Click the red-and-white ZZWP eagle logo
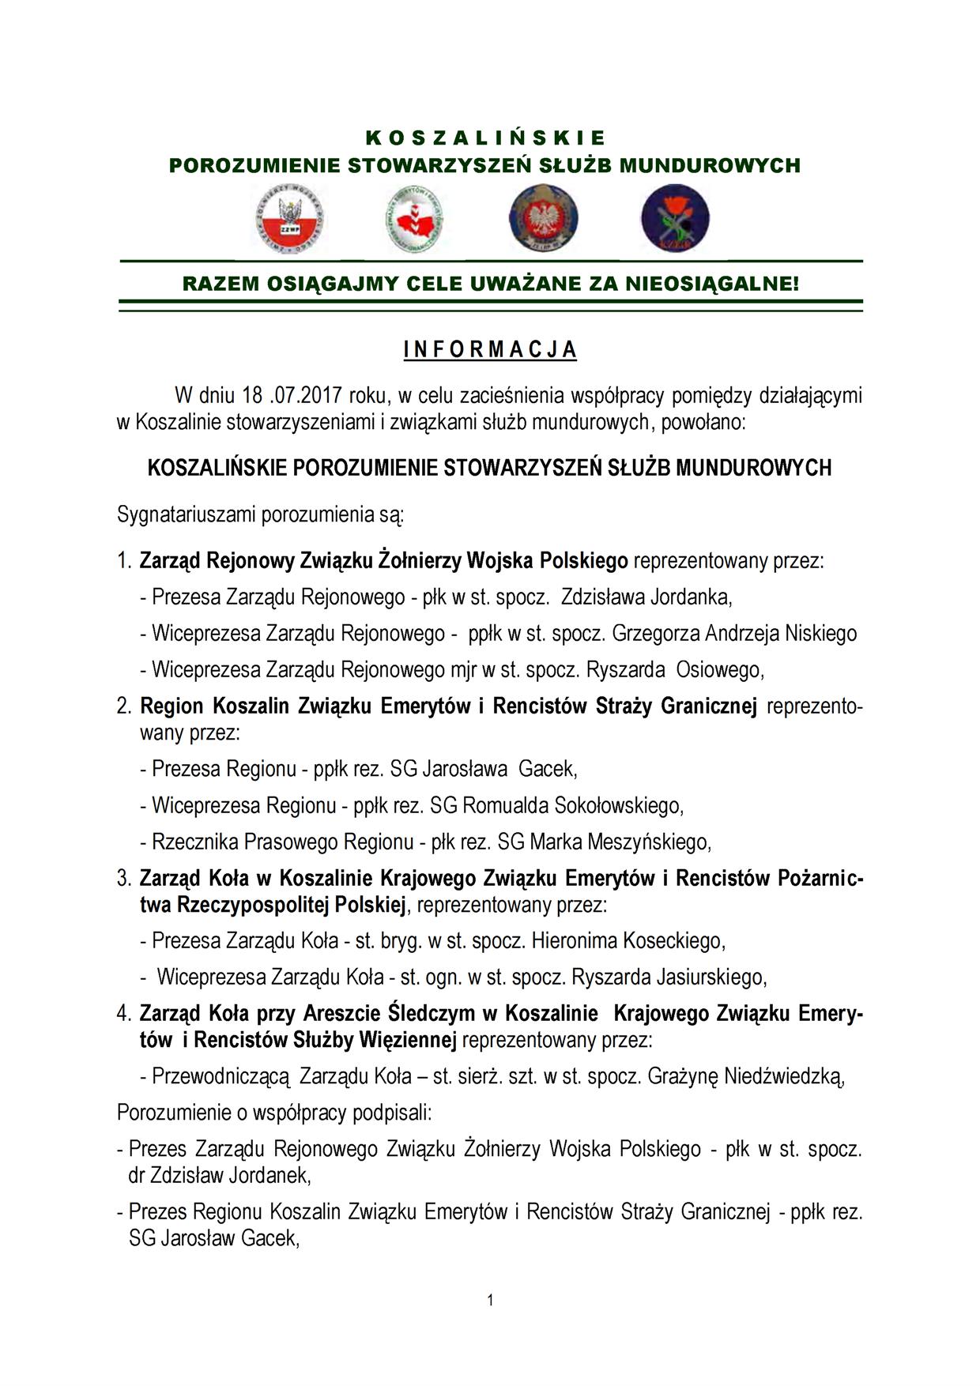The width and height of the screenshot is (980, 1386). (290, 220)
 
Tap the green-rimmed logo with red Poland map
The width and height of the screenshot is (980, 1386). (414, 220)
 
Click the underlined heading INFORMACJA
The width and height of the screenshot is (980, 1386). (490, 350)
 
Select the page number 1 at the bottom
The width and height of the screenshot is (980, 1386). (490, 1300)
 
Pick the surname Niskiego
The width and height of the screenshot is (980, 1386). (820, 633)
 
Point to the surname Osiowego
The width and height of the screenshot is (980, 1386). (720, 670)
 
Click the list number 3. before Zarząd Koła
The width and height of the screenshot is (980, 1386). (124, 879)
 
